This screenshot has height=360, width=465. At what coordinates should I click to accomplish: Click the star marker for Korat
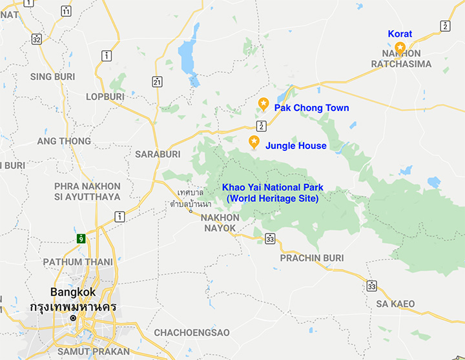tap(400, 47)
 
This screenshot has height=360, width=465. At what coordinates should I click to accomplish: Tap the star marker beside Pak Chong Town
tap(263, 103)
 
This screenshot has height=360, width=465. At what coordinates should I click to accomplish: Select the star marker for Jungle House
tap(254, 142)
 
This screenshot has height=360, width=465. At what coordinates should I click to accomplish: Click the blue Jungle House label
tap(296, 146)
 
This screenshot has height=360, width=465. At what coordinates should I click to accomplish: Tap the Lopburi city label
tap(105, 97)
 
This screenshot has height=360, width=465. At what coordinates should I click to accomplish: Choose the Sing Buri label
tap(52, 77)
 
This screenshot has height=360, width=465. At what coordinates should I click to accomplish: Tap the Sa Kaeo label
tap(395, 304)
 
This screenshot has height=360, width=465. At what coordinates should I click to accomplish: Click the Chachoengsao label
tap(192, 333)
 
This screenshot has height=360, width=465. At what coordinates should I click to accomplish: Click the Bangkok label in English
tap(73, 292)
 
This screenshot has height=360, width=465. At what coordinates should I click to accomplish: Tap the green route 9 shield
tap(81, 238)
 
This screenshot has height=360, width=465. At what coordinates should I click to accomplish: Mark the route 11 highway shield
tap(67, 11)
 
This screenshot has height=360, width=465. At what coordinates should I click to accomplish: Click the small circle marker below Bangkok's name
tap(73, 318)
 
